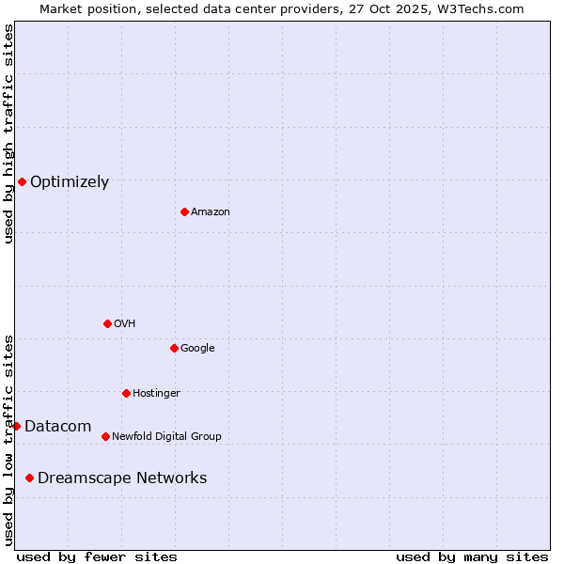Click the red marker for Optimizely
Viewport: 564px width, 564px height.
coord(22,181)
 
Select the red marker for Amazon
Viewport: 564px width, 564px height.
coord(184,211)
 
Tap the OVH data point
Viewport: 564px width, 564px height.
coord(107,323)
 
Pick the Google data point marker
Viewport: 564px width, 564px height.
coord(174,348)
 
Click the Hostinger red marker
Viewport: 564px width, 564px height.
coord(126,393)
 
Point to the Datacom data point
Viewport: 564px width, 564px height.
coord(16,426)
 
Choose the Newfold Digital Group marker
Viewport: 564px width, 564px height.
coord(105,436)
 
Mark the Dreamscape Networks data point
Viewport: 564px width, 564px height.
coord(29,478)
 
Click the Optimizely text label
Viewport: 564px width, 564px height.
coord(70,182)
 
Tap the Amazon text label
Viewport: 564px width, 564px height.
coord(211,212)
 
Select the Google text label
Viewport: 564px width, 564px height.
coord(197,349)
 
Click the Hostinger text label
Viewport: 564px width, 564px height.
coord(156,394)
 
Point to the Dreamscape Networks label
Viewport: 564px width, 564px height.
coord(122,478)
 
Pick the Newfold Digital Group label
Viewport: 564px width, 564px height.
coord(166,437)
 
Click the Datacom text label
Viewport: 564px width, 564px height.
coord(57,427)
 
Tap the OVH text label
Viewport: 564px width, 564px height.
coord(125,324)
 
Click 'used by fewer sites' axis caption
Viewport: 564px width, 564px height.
coord(97,556)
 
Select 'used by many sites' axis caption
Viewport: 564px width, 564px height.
coord(472,556)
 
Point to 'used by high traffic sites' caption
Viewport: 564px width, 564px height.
coord(8,133)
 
